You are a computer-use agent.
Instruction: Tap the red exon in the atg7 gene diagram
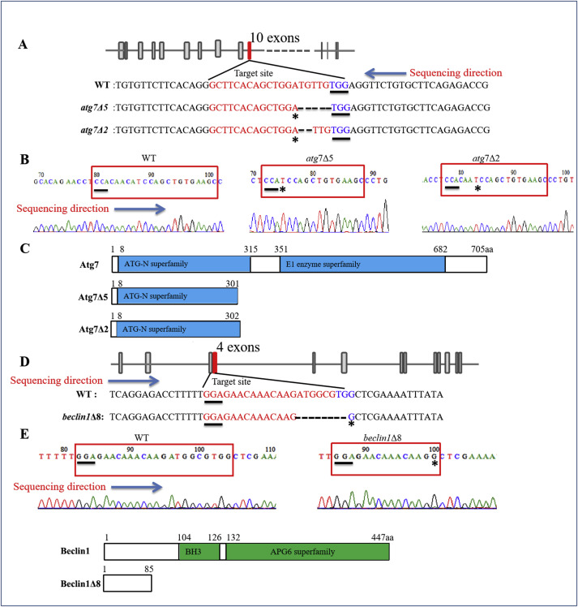[x=250, y=50]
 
